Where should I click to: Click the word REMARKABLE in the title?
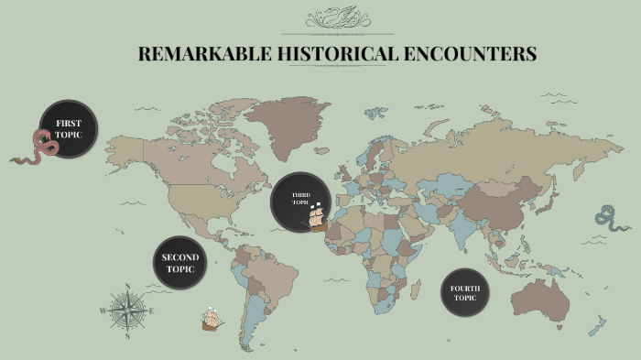(203, 54)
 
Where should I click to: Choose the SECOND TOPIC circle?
(180, 264)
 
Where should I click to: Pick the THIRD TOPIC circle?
(299, 202)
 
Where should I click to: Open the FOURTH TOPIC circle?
(465, 293)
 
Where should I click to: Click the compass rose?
(127, 310)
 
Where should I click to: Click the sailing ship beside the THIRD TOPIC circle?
(318, 217)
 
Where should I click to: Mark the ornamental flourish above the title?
(335, 18)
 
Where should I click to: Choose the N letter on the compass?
(127, 286)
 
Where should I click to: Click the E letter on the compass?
(152, 311)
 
